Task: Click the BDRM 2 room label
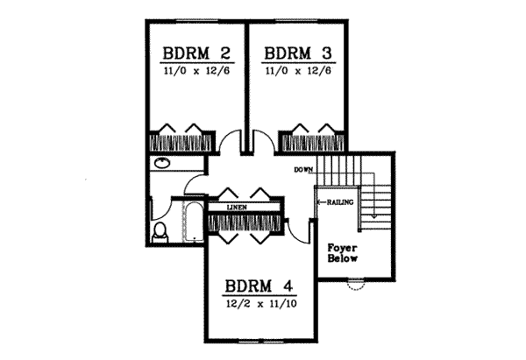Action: [x=195, y=53]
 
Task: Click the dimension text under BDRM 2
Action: [x=195, y=70]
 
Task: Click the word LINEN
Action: [x=236, y=208]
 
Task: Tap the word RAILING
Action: [x=339, y=202]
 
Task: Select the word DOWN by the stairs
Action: [x=304, y=169]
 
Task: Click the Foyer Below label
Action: [x=341, y=252]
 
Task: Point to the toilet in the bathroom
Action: [x=160, y=232]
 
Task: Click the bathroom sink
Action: [x=162, y=164]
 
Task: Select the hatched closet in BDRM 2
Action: [x=179, y=141]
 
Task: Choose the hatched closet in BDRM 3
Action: [x=310, y=141]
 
